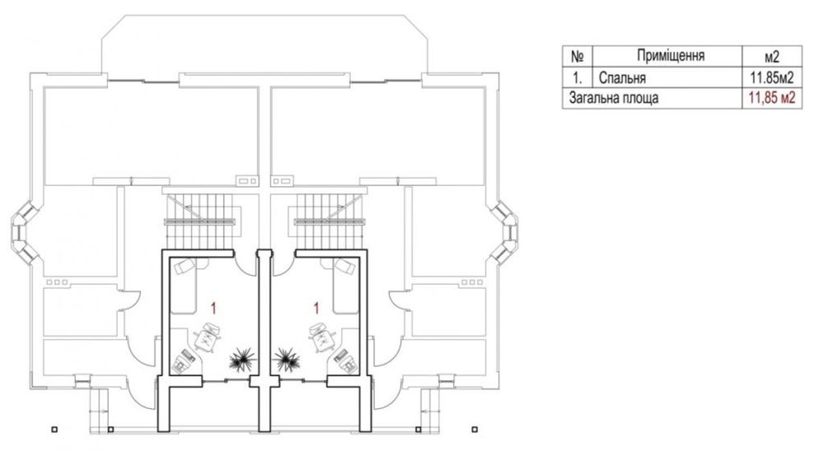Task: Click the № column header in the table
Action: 577,56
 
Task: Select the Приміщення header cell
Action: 670,55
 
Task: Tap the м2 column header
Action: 772,56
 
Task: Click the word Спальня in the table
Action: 622,77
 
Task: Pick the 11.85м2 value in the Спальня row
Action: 772,77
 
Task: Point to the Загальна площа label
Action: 614,98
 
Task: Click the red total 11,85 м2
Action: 772,98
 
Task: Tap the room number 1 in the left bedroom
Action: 214,308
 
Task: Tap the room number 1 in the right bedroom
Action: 316,308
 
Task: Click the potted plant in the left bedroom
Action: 243,359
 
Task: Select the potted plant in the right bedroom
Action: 287,359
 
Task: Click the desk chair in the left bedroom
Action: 207,337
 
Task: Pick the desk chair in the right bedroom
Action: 323,337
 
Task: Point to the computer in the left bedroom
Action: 184,360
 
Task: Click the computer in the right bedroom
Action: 346,360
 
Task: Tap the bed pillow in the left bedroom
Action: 184,267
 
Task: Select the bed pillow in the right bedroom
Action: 345,267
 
